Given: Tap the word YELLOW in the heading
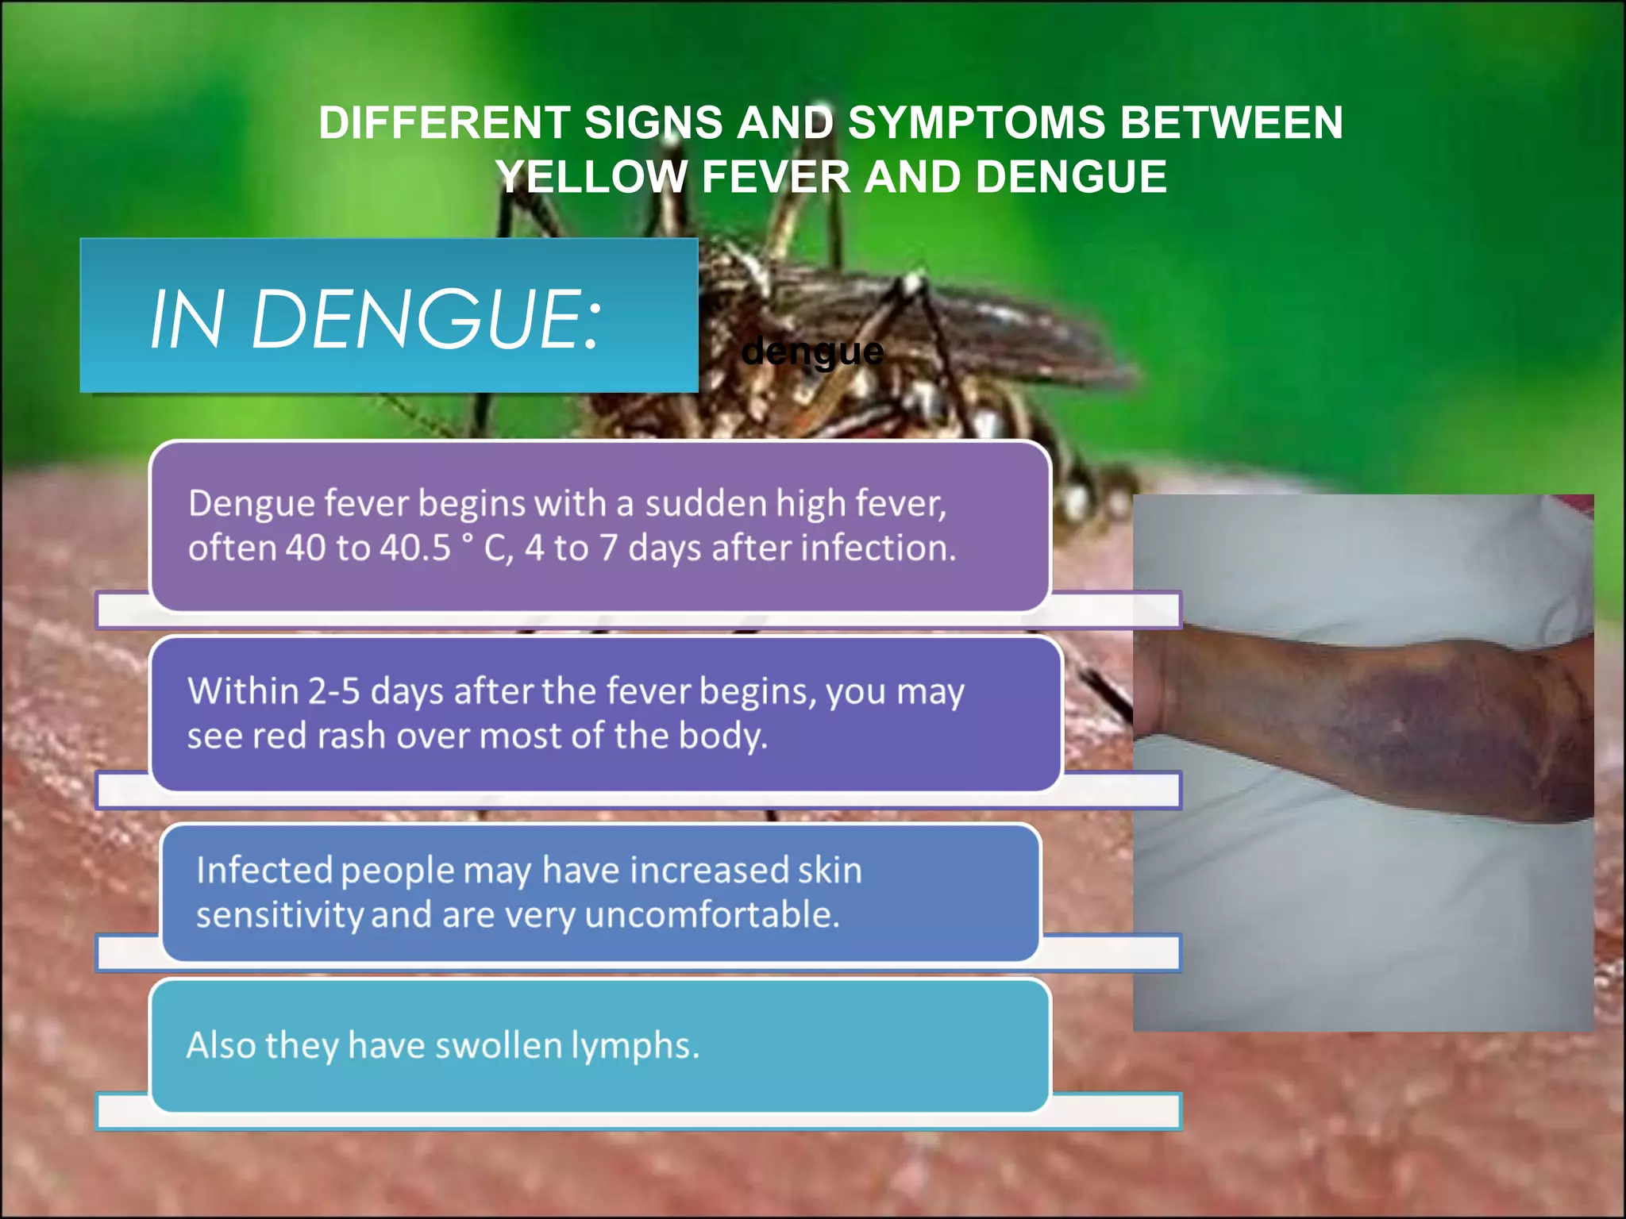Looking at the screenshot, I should tap(591, 176).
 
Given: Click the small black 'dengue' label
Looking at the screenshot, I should tap(811, 351).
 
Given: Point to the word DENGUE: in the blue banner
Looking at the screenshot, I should tap(426, 319).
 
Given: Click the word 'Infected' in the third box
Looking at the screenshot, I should tap(264, 870).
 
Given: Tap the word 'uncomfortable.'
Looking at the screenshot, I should tap(712, 914).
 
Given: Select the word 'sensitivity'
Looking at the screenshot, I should tap(279, 914).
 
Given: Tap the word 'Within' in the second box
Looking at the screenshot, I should tap(242, 690).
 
